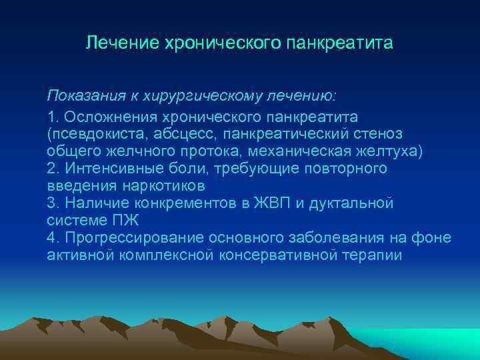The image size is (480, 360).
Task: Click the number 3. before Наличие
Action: coord(53,203)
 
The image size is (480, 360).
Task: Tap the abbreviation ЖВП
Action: coord(266,203)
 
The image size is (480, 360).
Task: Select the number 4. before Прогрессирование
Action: coord(53,238)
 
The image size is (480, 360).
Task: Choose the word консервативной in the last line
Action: coord(277,255)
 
